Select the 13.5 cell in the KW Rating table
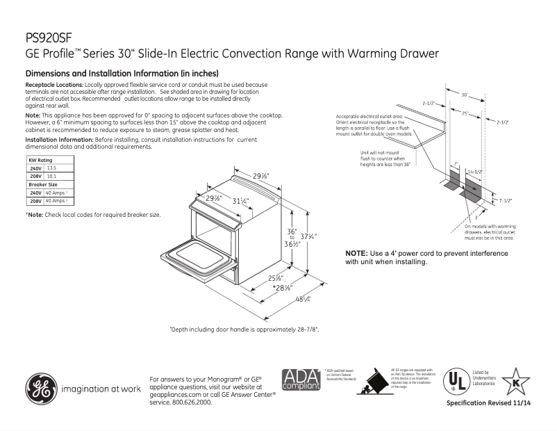click(x=51, y=169)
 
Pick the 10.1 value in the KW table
click(x=51, y=177)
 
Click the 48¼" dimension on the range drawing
click(x=302, y=299)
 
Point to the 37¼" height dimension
click(x=309, y=237)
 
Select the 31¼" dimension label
click(x=240, y=201)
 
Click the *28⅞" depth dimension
click(x=281, y=288)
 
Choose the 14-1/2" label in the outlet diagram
click(x=475, y=170)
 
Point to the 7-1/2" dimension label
click(x=505, y=200)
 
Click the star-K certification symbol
click(x=516, y=382)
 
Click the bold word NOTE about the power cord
click(x=358, y=253)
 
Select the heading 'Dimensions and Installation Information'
click(x=122, y=73)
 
